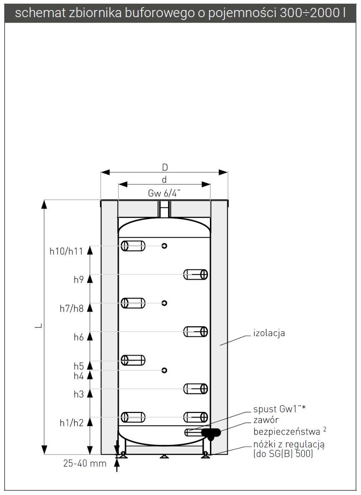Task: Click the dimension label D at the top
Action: pos(165,167)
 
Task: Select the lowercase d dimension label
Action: pos(164,180)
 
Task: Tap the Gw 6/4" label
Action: pos(164,193)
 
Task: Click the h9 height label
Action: pos(79,280)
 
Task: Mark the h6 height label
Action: pos(79,338)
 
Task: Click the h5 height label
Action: pos(79,366)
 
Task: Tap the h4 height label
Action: pos(79,376)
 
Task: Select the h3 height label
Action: pos(79,394)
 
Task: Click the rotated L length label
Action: pos(38,326)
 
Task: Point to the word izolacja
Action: pos(269,333)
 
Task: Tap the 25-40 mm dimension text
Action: pos(85,463)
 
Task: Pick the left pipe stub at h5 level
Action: pos(133,360)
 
